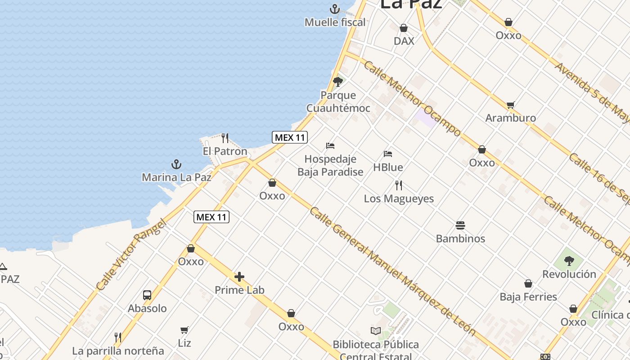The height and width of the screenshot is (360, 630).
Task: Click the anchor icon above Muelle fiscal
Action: click(334, 9)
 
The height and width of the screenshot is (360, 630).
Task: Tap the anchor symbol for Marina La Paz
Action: click(176, 164)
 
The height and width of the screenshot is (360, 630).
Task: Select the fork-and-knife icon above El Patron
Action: click(225, 138)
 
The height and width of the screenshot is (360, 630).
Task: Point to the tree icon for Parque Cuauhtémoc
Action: click(338, 82)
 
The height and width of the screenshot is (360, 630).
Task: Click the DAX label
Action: click(404, 41)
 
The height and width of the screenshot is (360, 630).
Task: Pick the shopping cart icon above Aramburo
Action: click(510, 105)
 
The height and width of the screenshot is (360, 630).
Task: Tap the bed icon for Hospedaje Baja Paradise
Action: click(330, 146)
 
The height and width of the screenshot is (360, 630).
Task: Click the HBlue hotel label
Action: click(388, 167)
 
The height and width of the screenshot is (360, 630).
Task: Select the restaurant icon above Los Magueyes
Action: click(399, 185)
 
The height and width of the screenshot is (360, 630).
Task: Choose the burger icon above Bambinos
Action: click(460, 225)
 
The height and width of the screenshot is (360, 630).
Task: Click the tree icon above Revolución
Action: click(569, 261)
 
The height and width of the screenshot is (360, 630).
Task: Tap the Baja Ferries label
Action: click(528, 297)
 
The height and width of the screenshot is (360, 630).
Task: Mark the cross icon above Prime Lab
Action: click(239, 277)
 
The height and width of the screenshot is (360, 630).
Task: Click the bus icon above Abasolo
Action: click(147, 295)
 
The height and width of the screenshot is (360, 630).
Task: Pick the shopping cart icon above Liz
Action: click(184, 330)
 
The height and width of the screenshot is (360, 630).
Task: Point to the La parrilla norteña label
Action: click(118, 351)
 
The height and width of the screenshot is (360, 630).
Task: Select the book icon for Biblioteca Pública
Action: click(375, 331)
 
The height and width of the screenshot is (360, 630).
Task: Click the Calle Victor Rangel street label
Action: click(131, 254)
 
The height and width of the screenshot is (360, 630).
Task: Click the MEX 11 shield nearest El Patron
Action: click(290, 137)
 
